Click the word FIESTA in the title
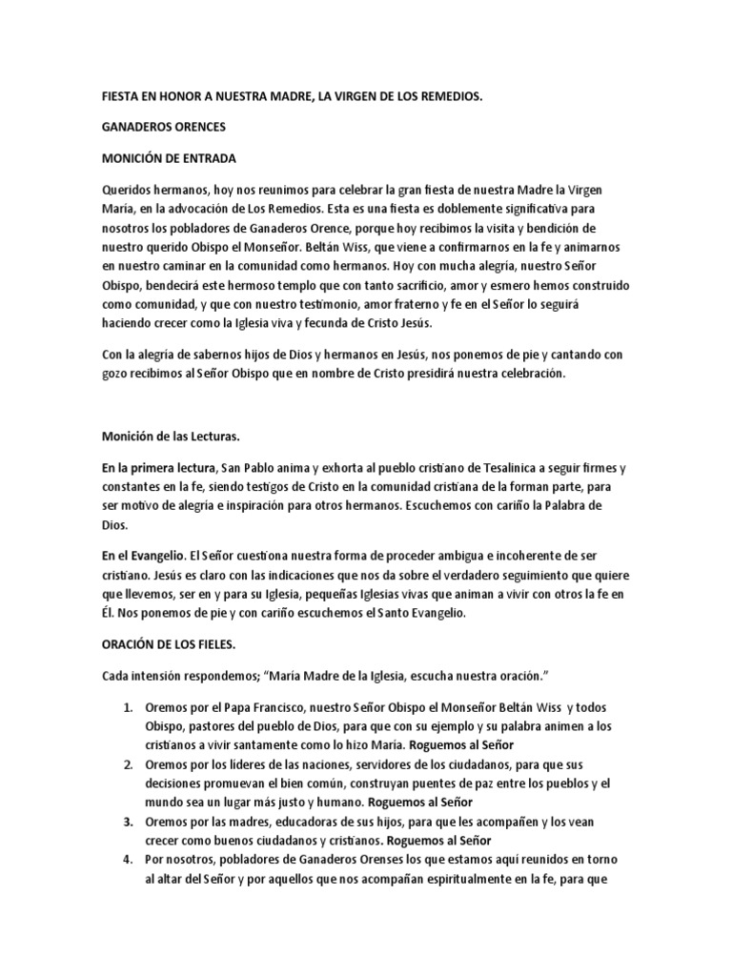coord(121,97)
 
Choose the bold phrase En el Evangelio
coord(144,555)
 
